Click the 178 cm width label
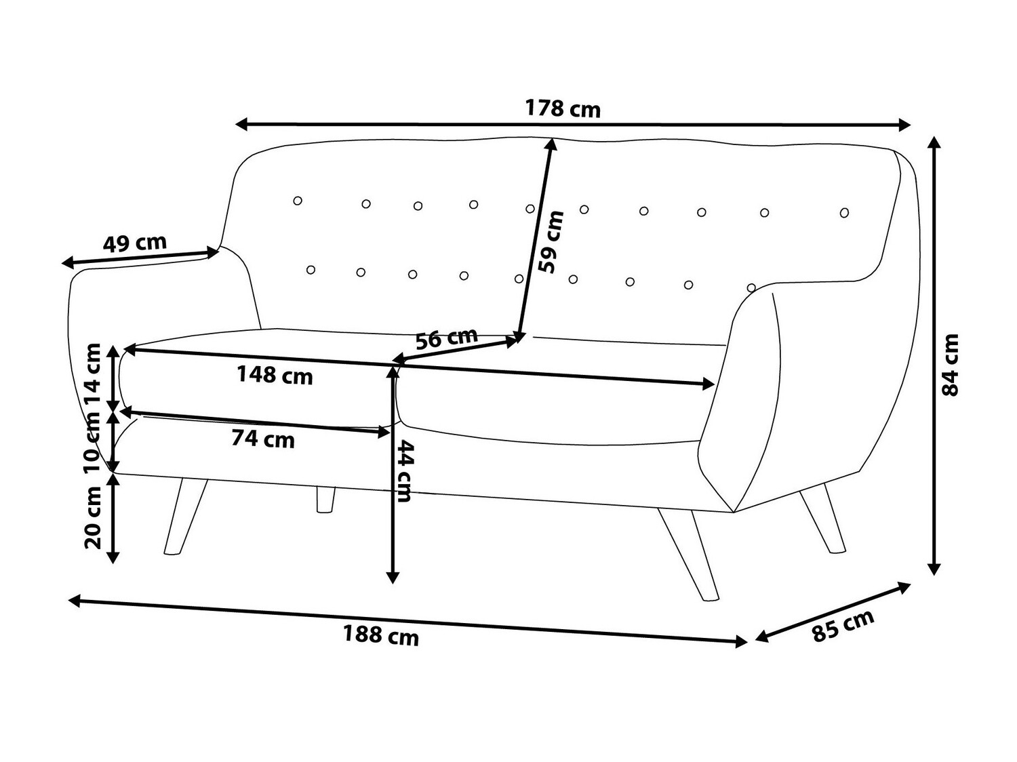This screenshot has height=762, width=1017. [x=563, y=109]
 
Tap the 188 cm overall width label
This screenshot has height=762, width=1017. [x=381, y=635]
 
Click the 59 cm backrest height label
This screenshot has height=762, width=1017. [x=552, y=242]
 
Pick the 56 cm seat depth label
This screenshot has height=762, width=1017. [x=446, y=338]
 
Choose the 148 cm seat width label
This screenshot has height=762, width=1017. [x=275, y=375]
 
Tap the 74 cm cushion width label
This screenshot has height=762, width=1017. [x=263, y=439]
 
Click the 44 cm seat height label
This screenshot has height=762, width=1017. [x=404, y=470]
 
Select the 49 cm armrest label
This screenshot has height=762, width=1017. [x=134, y=243]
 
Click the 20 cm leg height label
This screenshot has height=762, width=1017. [x=93, y=517]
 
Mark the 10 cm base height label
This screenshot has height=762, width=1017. [x=93, y=443]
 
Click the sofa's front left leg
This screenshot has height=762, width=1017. [x=185, y=516]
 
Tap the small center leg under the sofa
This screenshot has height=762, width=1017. [x=325, y=500]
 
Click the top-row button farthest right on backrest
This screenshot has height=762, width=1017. [x=844, y=213]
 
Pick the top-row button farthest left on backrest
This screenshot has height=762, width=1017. [x=298, y=201]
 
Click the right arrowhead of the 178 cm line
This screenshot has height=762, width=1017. [x=904, y=125]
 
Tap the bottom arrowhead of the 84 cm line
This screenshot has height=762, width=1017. [x=934, y=568]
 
